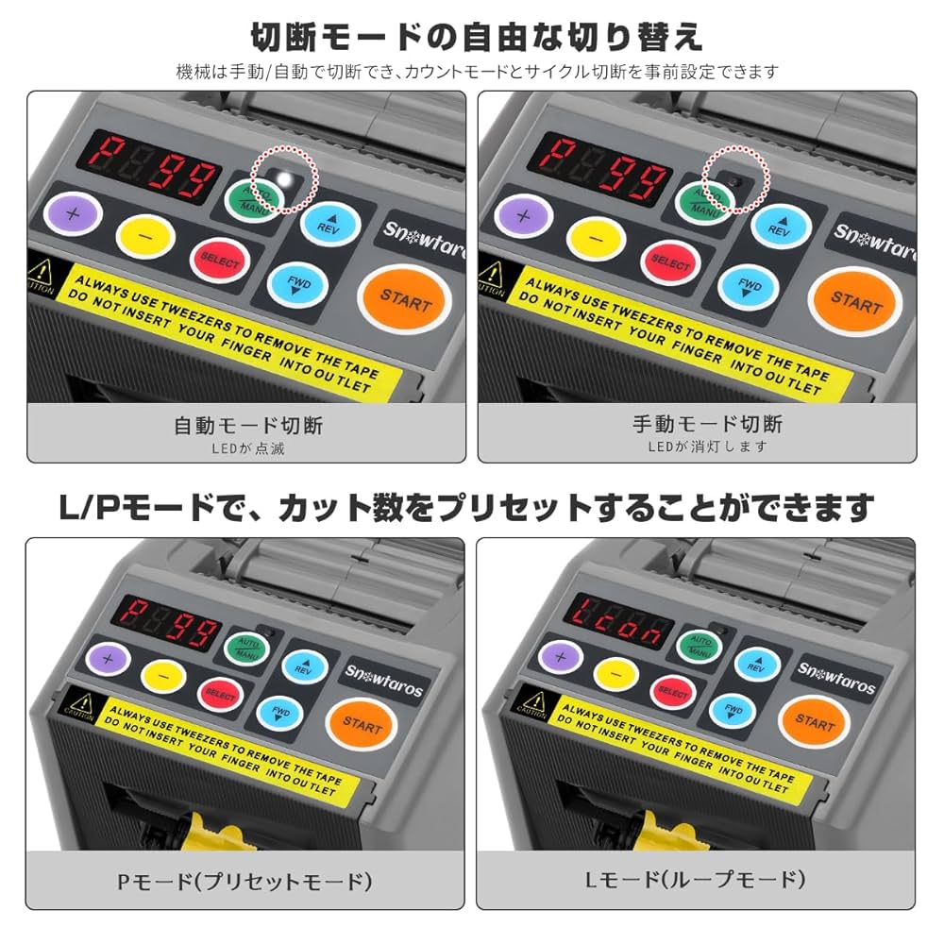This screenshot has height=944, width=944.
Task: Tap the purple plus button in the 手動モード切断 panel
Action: [524, 213]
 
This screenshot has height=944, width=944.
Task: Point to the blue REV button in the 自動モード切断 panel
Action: [330, 223]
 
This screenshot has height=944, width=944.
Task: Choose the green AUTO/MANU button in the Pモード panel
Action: [247, 646]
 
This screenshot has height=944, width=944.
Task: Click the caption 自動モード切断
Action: [248, 426]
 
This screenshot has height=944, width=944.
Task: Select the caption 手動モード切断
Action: [707, 423]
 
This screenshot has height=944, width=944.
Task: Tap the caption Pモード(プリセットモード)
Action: [244, 882]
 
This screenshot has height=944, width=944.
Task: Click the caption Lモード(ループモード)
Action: [694, 880]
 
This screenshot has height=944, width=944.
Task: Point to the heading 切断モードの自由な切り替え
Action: [476, 37]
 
